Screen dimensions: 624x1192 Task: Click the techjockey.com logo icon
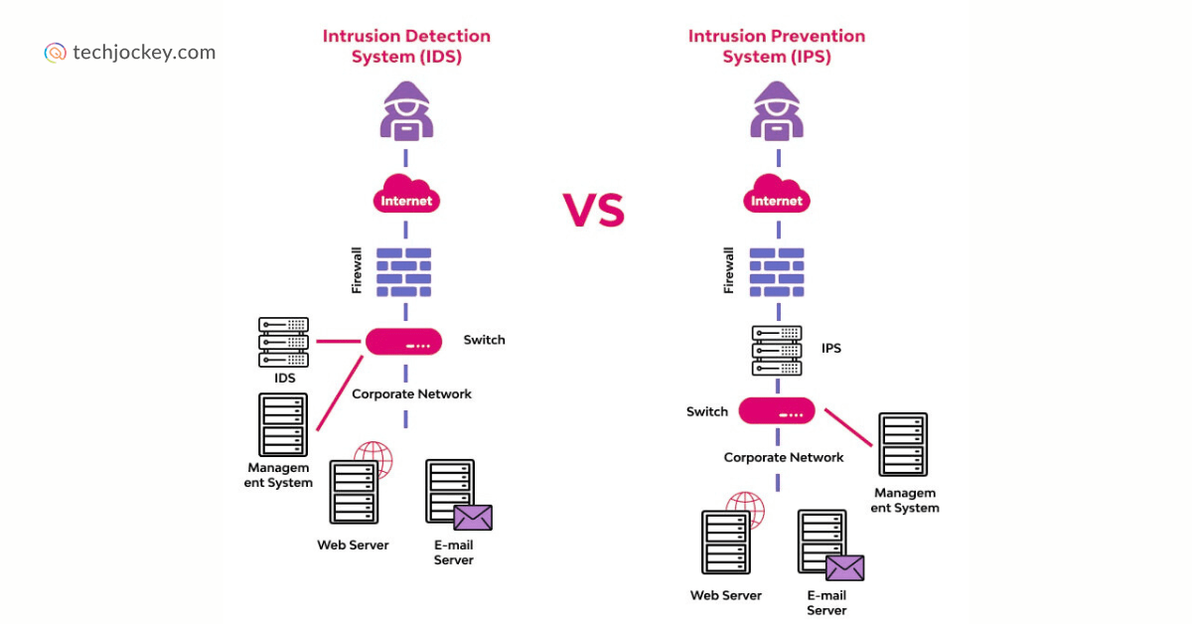pyautogui.click(x=56, y=53)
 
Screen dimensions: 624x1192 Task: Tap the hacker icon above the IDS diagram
pyautogui.click(x=405, y=110)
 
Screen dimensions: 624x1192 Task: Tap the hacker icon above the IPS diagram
pyautogui.click(x=776, y=110)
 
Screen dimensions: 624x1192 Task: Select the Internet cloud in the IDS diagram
pyautogui.click(x=406, y=196)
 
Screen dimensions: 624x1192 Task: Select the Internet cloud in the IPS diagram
pyautogui.click(x=776, y=196)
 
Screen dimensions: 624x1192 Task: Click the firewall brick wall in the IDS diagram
pyautogui.click(x=404, y=271)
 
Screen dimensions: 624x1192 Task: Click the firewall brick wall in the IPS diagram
pyautogui.click(x=776, y=271)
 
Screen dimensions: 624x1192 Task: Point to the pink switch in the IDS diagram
pyautogui.click(x=404, y=341)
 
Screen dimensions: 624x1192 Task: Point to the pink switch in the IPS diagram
pyautogui.click(x=776, y=410)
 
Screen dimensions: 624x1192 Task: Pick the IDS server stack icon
pyautogui.click(x=283, y=341)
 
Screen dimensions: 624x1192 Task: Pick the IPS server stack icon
pyautogui.click(x=776, y=350)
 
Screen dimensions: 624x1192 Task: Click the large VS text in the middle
pyautogui.click(x=593, y=210)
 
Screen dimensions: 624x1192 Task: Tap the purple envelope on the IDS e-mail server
pyautogui.click(x=473, y=518)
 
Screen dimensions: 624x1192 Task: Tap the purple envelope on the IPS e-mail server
pyautogui.click(x=844, y=567)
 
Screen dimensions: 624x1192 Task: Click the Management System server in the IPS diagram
pyautogui.click(x=902, y=444)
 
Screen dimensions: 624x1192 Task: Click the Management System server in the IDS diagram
pyautogui.click(x=282, y=424)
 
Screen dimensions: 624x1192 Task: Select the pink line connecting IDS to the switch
pyautogui.click(x=338, y=341)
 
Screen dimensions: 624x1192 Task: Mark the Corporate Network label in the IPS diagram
pyautogui.click(x=783, y=458)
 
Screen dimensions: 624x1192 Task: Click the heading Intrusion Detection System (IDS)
pyautogui.click(x=405, y=47)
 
